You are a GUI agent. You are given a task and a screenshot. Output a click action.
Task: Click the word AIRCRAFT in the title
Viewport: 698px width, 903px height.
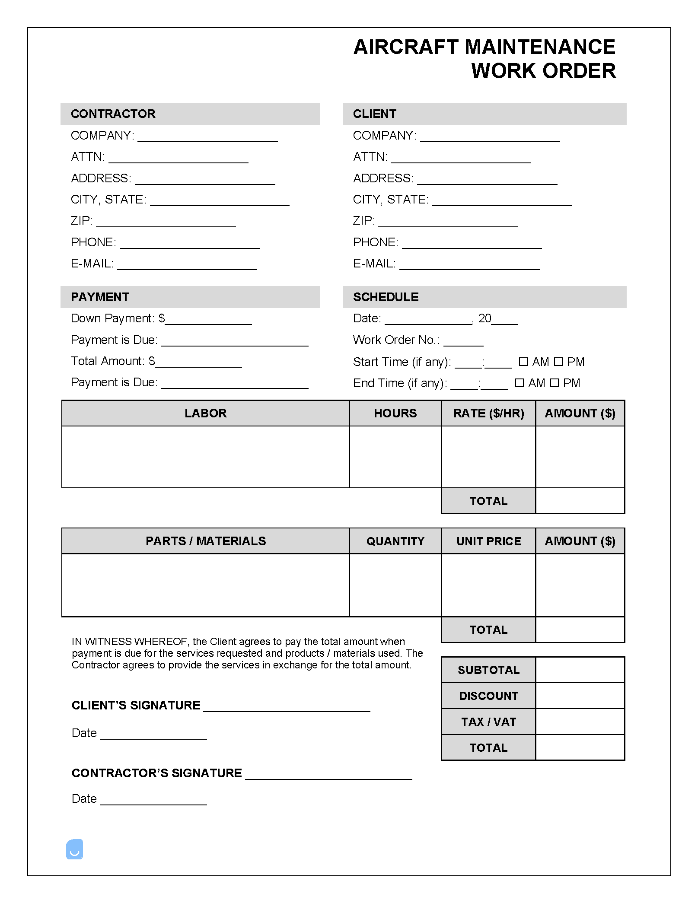[x=405, y=47]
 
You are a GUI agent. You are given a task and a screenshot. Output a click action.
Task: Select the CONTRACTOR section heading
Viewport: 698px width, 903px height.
[x=113, y=114]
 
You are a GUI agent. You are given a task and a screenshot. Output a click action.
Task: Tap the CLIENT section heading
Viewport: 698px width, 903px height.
[x=374, y=114]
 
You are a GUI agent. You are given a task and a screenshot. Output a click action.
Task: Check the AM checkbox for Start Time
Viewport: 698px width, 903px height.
[x=523, y=362]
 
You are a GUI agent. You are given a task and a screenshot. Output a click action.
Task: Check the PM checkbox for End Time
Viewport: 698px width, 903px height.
[x=555, y=383]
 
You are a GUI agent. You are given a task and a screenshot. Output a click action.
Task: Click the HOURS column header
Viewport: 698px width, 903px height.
[x=395, y=413]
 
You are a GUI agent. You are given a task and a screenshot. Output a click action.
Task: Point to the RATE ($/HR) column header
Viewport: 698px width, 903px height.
[x=488, y=413]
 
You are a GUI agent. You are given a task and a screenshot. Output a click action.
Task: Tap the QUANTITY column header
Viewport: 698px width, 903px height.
[x=395, y=541]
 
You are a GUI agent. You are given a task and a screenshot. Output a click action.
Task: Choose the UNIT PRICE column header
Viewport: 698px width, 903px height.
[x=488, y=541]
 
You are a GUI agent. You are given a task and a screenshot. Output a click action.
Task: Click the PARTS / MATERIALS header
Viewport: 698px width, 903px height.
[x=206, y=541]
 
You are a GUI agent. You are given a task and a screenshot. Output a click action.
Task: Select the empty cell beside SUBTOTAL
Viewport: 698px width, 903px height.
[x=580, y=670]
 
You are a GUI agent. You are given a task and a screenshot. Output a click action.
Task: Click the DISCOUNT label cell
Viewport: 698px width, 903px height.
[x=488, y=696]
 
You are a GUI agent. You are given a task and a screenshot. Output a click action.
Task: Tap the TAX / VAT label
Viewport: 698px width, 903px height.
[x=488, y=722]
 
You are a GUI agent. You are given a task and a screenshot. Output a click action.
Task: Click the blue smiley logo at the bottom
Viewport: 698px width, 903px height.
[x=74, y=849]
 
